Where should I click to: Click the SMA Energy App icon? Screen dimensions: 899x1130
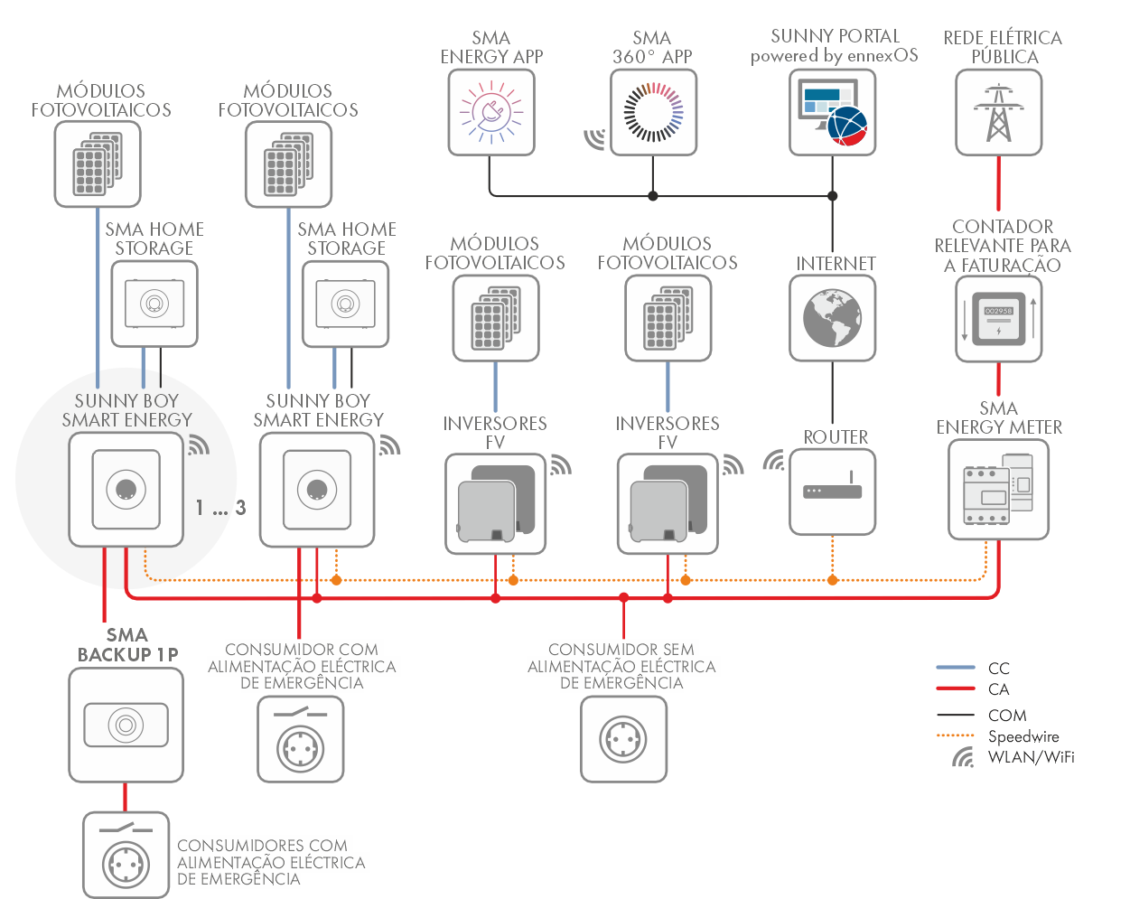(x=491, y=112)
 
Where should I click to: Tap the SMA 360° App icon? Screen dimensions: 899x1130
(x=653, y=112)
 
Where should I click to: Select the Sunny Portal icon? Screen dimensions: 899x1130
(x=833, y=112)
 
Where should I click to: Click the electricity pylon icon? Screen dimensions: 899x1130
(x=998, y=112)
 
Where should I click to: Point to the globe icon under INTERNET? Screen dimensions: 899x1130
(x=833, y=318)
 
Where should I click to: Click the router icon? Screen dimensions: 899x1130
(x=833, y=492)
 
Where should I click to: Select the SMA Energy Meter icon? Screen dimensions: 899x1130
(x=998, y=490)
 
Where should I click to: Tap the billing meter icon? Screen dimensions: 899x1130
(x=998, y=319)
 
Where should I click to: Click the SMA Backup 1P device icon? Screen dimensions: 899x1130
(x=126, y=725)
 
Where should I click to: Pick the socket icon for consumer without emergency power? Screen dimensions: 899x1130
(x=623, y=739)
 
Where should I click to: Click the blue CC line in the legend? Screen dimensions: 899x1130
(x=956, y=668)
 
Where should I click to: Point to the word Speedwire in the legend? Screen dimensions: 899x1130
(x=1023, y=736)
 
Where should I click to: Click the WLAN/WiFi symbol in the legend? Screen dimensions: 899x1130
(x=964, y=757)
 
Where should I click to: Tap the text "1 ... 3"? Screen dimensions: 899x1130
(x=220, y=508)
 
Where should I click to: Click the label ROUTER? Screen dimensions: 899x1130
(x=836, y=437)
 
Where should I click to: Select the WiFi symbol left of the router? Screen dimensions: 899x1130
(x=774, y=461)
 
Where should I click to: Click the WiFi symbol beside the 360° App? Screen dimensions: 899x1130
(x=594, y=137)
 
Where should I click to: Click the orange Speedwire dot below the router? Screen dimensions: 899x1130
(x=833, y=580)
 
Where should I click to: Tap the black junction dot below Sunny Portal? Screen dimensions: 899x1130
(x=833, y=195)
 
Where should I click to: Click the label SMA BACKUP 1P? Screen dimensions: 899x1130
(x=127, y=645)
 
